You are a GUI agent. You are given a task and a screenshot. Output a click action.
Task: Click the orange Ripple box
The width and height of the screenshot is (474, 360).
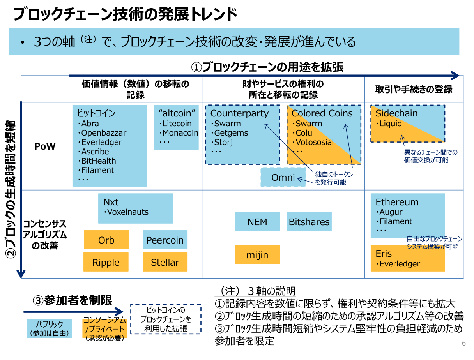tap(106, 262)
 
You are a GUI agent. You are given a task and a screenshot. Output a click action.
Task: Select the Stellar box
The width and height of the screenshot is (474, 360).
tap(165, 262)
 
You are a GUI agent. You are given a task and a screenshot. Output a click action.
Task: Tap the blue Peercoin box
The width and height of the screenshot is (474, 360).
tap(165, 240)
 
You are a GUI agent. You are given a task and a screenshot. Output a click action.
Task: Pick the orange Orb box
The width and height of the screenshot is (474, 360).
tap(106, 240)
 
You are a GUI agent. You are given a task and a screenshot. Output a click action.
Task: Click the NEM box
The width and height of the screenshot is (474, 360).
tap(257, 222)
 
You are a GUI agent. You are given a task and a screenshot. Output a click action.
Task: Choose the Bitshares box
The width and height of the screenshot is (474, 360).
tap(309, 222)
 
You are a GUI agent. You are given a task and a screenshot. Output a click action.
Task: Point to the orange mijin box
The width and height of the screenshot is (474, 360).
tap(257, 255)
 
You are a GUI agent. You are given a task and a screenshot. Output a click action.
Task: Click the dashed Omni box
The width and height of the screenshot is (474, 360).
tap(283, 177)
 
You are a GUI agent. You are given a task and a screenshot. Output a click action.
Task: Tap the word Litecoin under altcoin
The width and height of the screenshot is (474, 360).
tap(177, 124)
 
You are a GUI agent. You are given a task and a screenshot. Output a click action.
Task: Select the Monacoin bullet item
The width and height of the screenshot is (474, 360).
tap(180, 133)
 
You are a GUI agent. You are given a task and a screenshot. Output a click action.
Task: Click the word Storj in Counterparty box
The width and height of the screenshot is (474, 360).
tap(223, 142)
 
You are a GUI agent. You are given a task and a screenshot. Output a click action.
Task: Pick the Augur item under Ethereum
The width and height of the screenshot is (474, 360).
tap(391, 212)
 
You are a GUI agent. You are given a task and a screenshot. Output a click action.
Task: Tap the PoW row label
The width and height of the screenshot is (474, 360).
tap(45, 146)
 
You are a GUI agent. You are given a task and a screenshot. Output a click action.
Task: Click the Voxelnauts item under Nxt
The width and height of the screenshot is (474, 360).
tap(127, 212)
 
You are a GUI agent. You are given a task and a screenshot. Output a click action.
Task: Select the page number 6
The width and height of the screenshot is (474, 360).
tap(463, 343)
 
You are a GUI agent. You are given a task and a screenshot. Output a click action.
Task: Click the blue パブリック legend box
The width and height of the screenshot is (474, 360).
tap(49, 328)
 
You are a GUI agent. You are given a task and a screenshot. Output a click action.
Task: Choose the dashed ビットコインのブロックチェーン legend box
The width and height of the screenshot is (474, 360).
tap(166, 319)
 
